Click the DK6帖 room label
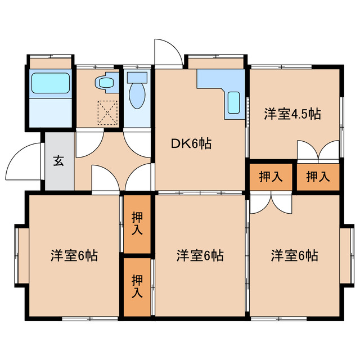(191, 144)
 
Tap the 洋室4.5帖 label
(292, 114)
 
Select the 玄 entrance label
(58, 161)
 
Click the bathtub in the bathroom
(50, 83)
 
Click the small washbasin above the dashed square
(105, 83)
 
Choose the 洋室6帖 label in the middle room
(200, 255)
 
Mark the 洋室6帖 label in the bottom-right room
(294, 255)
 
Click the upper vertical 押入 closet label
(137, 223)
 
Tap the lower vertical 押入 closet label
(137, 286)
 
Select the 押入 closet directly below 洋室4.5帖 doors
(318, 177)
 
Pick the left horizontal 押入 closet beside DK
(270, 177)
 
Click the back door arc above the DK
(168, 53)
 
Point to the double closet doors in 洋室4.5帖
(318, 150)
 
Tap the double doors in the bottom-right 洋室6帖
(270, 204)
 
